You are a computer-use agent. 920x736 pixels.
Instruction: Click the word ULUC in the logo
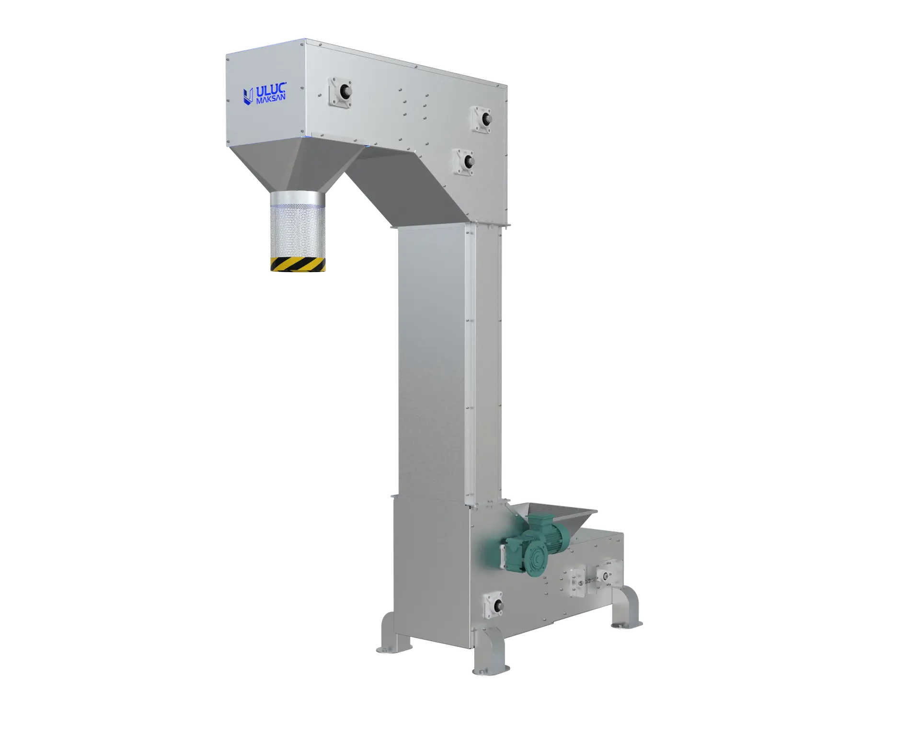(x=271, y=91)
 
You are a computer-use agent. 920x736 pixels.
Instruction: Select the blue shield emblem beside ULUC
(x=248, y=96)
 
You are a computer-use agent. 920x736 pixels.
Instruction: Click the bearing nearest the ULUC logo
(x=341, y=92)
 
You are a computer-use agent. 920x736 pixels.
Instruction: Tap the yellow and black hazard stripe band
(x=298, y=264)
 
